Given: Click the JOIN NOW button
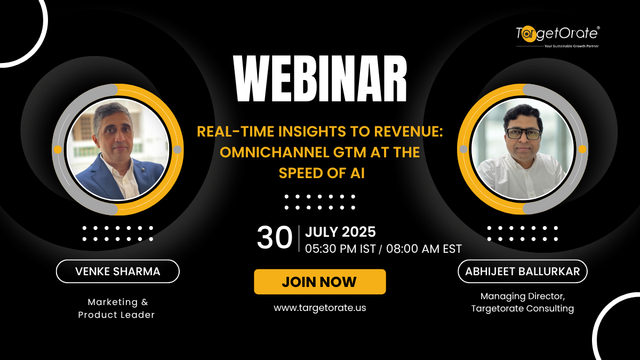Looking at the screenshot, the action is click(x=319, y=282).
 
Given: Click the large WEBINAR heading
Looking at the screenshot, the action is click(x=320, y=78).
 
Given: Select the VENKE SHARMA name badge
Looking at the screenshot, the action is click(x=118, y=271).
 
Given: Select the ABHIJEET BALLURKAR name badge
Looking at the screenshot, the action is click(x=523, y=271).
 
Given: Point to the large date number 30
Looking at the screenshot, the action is click(x=274, y=238).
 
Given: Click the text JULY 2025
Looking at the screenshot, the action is click(x=340, y=231).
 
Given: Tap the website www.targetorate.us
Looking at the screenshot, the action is click(x=319, y=308).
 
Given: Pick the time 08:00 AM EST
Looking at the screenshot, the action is click(x=423, y=249).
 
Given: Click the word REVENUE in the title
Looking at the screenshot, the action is click(x=409, y=132).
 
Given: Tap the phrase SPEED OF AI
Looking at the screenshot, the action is click(x=322, y=173).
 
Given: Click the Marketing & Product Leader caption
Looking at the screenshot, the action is click(x=117, y=308).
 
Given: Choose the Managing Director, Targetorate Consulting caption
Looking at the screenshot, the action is click(x=523, y=302).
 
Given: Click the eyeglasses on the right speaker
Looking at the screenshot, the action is click(x=523, y=134).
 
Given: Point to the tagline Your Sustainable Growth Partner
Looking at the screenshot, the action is click(x=571, y=46).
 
